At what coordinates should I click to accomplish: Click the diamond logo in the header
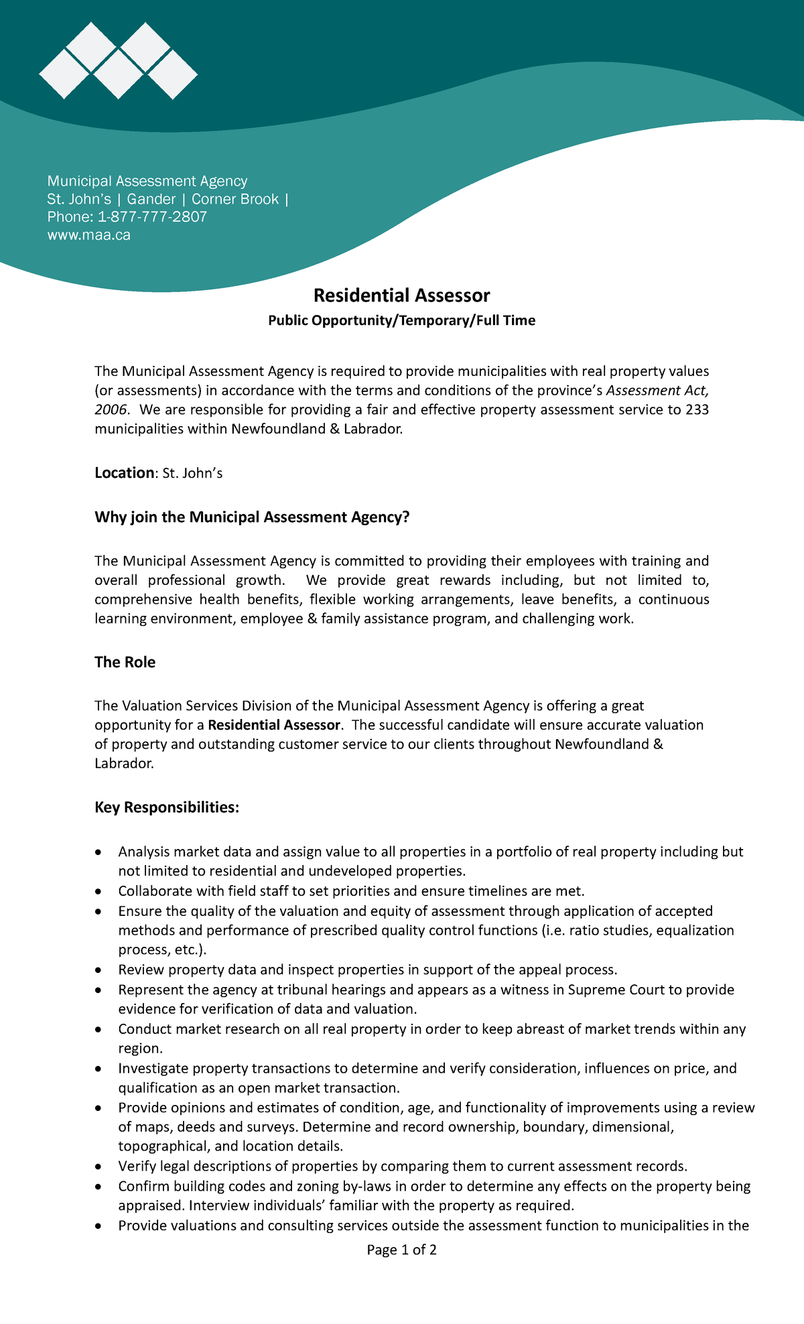point(119,61)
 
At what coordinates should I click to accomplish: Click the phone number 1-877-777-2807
point(152,217)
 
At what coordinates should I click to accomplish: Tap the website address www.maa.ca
point(88,235)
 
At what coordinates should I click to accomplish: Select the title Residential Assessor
point(401,295)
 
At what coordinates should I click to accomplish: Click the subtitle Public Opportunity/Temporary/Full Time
point(401,321)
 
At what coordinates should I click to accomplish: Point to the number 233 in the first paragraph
point(697,409)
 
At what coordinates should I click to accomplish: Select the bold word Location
point(124,473)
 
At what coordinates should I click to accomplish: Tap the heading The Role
point(125,663)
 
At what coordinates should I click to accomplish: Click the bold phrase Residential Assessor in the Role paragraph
point(274,725)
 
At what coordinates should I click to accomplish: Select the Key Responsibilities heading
point(166,807)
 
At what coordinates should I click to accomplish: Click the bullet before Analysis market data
point(99,852)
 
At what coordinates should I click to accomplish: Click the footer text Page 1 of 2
point(401,1250)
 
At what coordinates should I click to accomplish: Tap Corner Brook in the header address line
point(235,199)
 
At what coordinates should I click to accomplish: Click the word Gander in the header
point(151,199)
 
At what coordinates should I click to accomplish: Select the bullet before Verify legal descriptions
point(99,1167)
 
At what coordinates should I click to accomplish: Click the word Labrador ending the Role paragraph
point(123,763)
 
